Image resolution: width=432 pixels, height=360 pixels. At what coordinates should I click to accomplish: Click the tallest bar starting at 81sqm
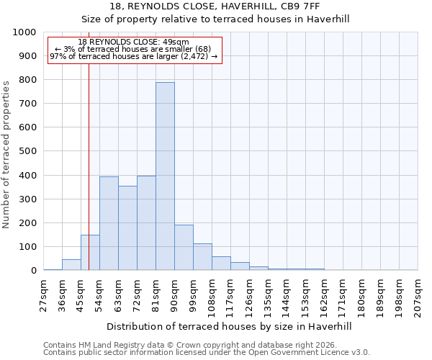click(x=165, y=176)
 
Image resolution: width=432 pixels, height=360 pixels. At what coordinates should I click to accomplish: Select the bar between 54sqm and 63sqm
click(x=109, y=223)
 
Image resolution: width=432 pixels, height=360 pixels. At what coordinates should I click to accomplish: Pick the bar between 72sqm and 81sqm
click(x=146, y=223)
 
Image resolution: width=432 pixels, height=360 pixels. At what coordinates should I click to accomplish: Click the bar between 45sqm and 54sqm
click(x=90, y=253)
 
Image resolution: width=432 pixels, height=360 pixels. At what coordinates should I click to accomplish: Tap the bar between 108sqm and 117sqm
click(x=221, y=264)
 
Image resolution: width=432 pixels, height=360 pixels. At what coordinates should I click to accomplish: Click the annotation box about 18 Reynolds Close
click(x=134, y=50)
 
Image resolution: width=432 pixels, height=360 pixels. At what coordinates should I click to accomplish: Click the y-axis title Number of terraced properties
click(x=6, y=154)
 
